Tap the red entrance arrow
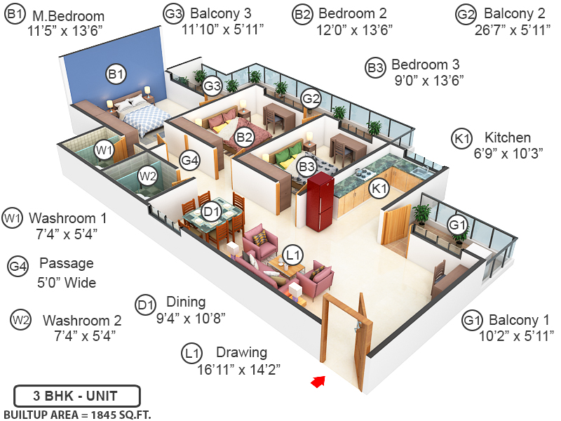pyautogui.click(x=318, y=381)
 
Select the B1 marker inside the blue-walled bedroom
pyautogui.click(x=116, y=72)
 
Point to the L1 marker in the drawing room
pyautogui.click(x=293, y=254)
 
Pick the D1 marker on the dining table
pyautogui.click(x=211, y=210)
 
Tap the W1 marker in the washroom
pyautogui.click(x=104, y=149)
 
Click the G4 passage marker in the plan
pyautogui.click(x=190, y=160)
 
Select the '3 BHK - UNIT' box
pyautogui.click(x=76, y=395)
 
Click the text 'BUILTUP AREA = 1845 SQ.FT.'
pyautogui.click(x=77, y=414)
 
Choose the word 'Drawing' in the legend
pyautogui.click(x=241, y=352)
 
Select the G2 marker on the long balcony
pyautogui.click(x=311, y=99)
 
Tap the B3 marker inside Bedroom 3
pyautogui.click(x=306, y=166)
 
